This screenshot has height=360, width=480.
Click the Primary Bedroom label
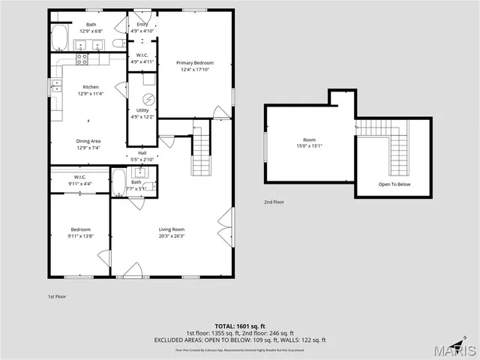coord(195,62)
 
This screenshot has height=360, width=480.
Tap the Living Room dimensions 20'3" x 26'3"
coord(172,235)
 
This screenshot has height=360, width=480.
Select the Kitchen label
coord(90,87)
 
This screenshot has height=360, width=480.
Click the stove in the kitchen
coord(85,57)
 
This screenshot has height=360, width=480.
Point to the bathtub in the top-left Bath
coord(59,36)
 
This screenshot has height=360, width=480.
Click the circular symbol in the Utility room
coord(148,100)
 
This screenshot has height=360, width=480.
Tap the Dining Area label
coord(88,141)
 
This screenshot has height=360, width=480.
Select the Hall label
coord(142,153)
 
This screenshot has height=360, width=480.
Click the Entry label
coord(142,24)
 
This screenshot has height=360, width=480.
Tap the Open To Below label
coord(394,184)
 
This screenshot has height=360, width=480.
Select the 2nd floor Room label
coord(309,140)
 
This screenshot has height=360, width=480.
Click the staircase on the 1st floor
coord(201,151)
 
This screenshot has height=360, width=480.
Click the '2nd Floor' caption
coord(274,202)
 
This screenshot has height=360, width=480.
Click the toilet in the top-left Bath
coord(118,43)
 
